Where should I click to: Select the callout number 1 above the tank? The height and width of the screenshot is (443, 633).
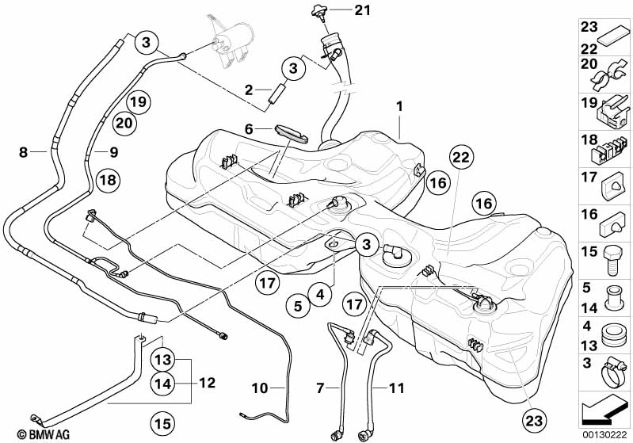[x=400, y=105]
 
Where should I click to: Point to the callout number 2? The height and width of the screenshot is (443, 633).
[x=248, y=90]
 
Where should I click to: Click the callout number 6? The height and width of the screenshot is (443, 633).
[x=248, y=128]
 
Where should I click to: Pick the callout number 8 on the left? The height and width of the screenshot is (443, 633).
[x=23, y=151]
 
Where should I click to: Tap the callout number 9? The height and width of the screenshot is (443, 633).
[x=112, y=151]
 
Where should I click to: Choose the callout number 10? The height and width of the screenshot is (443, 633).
[x=260, y=388]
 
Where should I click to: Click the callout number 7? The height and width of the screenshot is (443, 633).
[x=320, y=388]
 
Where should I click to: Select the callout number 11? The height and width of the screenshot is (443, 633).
[x=397, y=388]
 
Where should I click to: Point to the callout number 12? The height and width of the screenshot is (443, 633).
[x=207, y=383]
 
